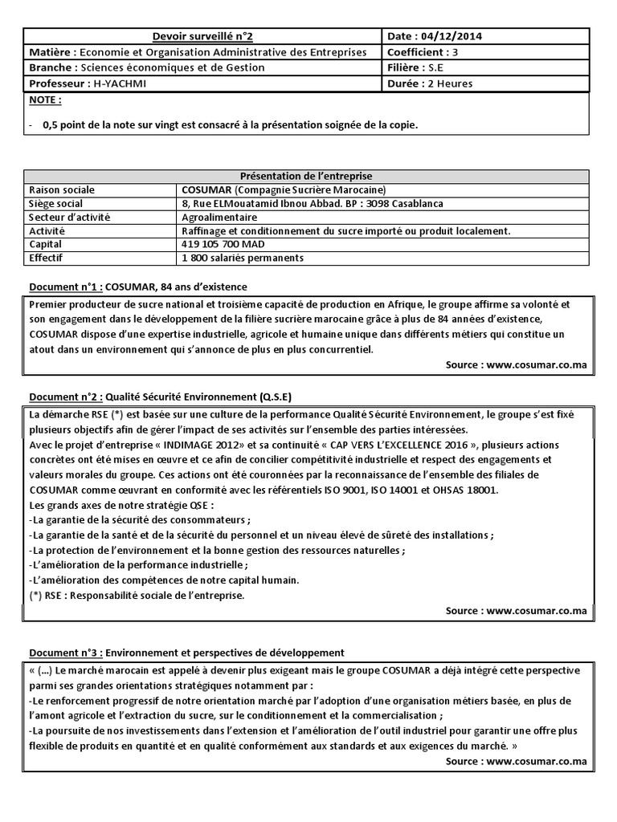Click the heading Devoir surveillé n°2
tap(203, 36)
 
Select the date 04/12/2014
tap(453, 36)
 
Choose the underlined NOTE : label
tap(45, 100)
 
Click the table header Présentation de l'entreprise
tap(307, 176)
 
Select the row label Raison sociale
tap(61, 190)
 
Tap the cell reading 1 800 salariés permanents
tap(243, 258)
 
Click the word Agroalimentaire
tap(219, 217)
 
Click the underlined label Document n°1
tap(64, 287)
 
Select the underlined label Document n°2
tap(64, 397)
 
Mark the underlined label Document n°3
tap(64, 653)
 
